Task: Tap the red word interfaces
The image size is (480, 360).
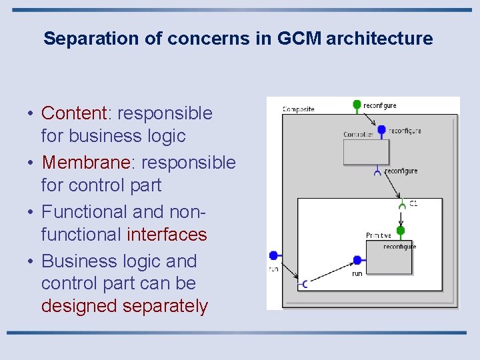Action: click(167, 235)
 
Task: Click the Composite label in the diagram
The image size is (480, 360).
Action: click(298, 109)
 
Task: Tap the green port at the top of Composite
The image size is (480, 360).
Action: click(357, 105)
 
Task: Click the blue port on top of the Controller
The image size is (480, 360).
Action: click(381, 130)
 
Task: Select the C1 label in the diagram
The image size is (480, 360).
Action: click(413, 203)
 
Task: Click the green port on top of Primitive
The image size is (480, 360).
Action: click(400, 231)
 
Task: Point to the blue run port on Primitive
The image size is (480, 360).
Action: click(357, 260)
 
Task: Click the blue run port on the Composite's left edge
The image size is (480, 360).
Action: click(273, 255)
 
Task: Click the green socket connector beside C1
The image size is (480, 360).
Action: click(402, 206)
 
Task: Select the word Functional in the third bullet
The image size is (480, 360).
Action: click(85, 212)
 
